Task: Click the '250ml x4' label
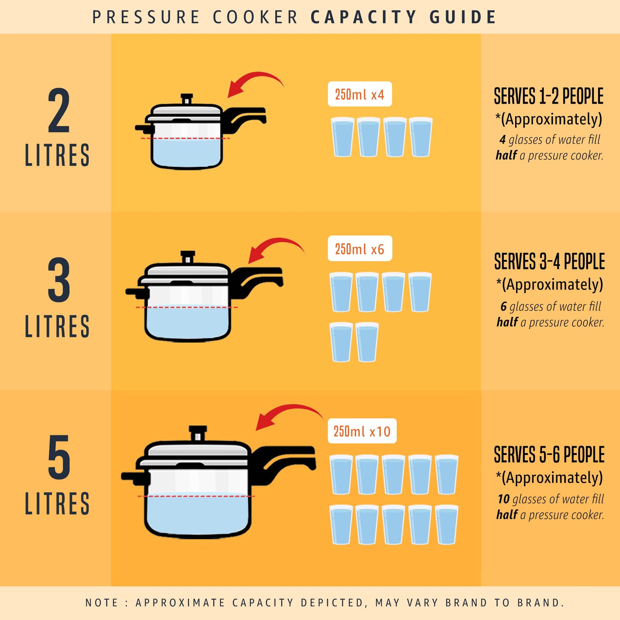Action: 360,94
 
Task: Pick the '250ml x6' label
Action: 360,249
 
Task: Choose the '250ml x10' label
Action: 362,431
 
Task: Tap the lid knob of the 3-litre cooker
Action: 188,257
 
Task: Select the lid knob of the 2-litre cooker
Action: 187,99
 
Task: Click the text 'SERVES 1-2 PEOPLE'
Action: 549,96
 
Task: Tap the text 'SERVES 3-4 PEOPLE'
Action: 549,261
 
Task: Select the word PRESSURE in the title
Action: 146,17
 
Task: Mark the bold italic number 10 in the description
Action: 503,499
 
